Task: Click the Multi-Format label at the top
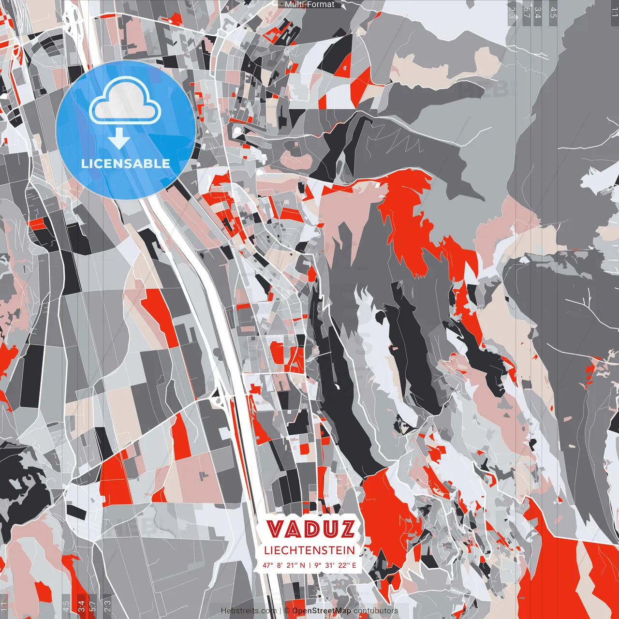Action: [309, 4]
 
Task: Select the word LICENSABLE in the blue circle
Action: [126, 163]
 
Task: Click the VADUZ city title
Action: [310, 530]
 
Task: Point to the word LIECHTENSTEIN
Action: [309, 550]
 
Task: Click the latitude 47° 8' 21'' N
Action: [284, 565]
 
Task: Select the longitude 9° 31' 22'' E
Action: [335, 565]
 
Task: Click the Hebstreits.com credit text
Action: [249, 611]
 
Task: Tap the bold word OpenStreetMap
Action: [322, 611]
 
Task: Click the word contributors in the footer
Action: [376, 611]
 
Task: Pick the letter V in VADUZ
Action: [276, 530]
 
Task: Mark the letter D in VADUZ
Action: [311, 530]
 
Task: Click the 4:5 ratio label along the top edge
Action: [553, 13]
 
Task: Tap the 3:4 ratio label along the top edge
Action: [538, 13]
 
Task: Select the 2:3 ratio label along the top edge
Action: [512, 13]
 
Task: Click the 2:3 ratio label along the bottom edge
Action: [107, 605]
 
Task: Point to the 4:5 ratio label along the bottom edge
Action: [65, 605]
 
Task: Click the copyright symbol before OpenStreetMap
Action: [286, 611]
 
